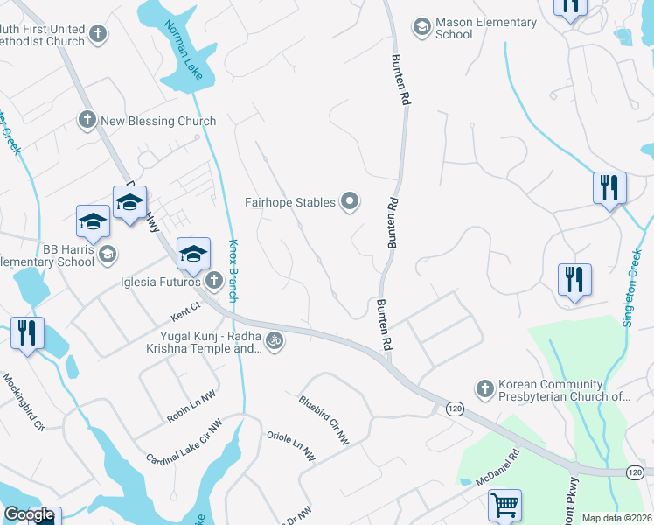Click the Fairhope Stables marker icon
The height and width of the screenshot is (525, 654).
pos(350,202)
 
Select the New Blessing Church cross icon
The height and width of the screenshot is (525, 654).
pos(87,121)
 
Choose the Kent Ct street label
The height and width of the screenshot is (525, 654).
pos(185,306)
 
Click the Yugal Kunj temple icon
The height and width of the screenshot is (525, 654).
pos(275,340)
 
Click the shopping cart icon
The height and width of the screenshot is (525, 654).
pos(504,504)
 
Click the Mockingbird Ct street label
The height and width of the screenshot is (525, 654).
pos(24,402)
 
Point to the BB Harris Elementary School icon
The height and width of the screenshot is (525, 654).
pos(108,255)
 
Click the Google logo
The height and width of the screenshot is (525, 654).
pos(30,514)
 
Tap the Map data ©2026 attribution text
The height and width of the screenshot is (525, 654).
pos(616,518)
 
